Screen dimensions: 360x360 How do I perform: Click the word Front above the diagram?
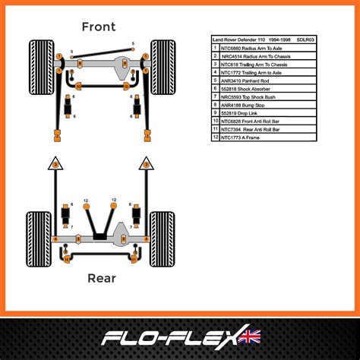tap(99, 27)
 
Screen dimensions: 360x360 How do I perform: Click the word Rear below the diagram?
tap(100, 278)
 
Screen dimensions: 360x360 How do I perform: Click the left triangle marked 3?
tap(54, 163)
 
